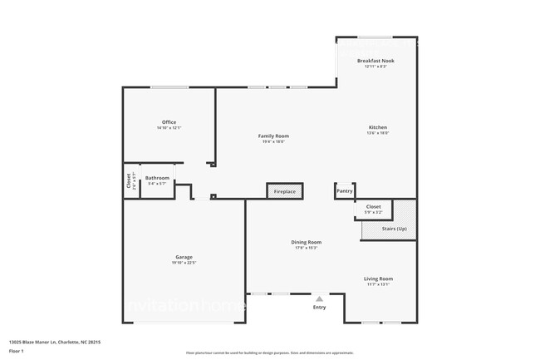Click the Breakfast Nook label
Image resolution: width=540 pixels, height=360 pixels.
click(x=376, y=61)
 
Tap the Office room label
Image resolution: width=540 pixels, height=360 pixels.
click(x=169, y=122)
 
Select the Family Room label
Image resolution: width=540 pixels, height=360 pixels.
click(x=272, y=136)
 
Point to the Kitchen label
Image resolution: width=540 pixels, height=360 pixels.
click(x=378, y=127)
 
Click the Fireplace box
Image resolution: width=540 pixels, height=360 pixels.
click(x=284, y=191)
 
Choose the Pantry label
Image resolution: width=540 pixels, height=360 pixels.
click(x=345, y=191)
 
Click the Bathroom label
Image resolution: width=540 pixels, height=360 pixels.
click(x=157, y=177)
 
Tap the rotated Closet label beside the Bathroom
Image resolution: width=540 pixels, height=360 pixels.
click(x=129, y=180)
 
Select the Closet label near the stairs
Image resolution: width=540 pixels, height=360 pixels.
click(x=373, y=206)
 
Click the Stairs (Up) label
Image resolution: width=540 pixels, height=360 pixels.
click(x=395, y=228)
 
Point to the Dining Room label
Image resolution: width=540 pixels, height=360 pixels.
click(x=307, y=242)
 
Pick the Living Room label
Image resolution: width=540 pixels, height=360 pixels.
click(x=378, y=279)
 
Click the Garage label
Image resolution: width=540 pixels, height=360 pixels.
click(x=184, y=257)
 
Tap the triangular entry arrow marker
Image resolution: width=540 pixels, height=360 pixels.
click(x=319, y=297)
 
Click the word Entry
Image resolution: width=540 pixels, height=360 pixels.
click(x=319, y=308)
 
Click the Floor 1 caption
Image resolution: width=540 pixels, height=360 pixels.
click(x=16, y=352)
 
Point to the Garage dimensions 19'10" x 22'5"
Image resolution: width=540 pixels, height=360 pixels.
click(x=184, y=263)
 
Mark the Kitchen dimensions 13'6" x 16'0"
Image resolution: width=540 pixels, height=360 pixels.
click(x=378, y=133)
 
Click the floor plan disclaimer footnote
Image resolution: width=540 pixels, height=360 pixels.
click(x=269, y=353)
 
